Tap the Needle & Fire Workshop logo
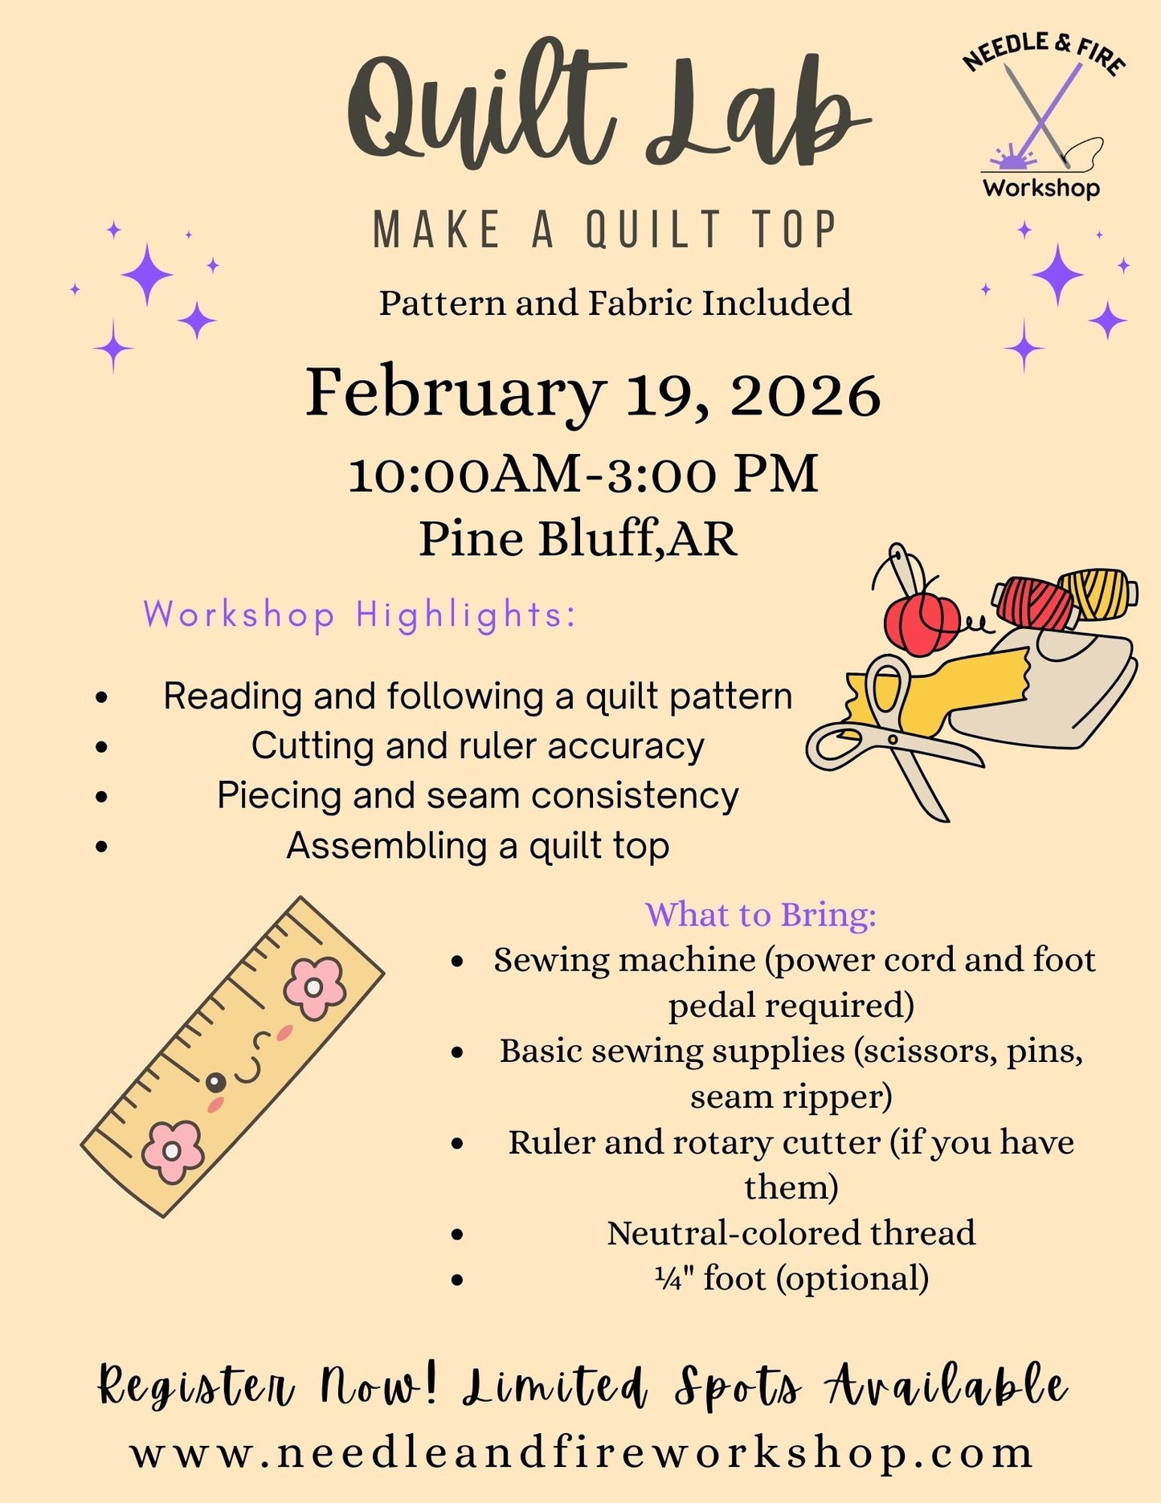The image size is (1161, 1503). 1042,117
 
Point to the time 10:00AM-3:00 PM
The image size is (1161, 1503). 583,474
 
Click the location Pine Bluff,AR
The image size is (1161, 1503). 578,538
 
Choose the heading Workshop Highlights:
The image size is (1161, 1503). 360,615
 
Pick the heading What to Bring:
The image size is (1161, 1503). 760,915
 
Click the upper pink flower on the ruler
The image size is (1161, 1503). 314,988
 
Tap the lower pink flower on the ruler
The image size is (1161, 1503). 171,1151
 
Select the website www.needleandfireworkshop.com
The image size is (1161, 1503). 582,1453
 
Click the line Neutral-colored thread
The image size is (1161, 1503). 791,1233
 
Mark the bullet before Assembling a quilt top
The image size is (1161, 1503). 101,847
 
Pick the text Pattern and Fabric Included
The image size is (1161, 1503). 615,304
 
